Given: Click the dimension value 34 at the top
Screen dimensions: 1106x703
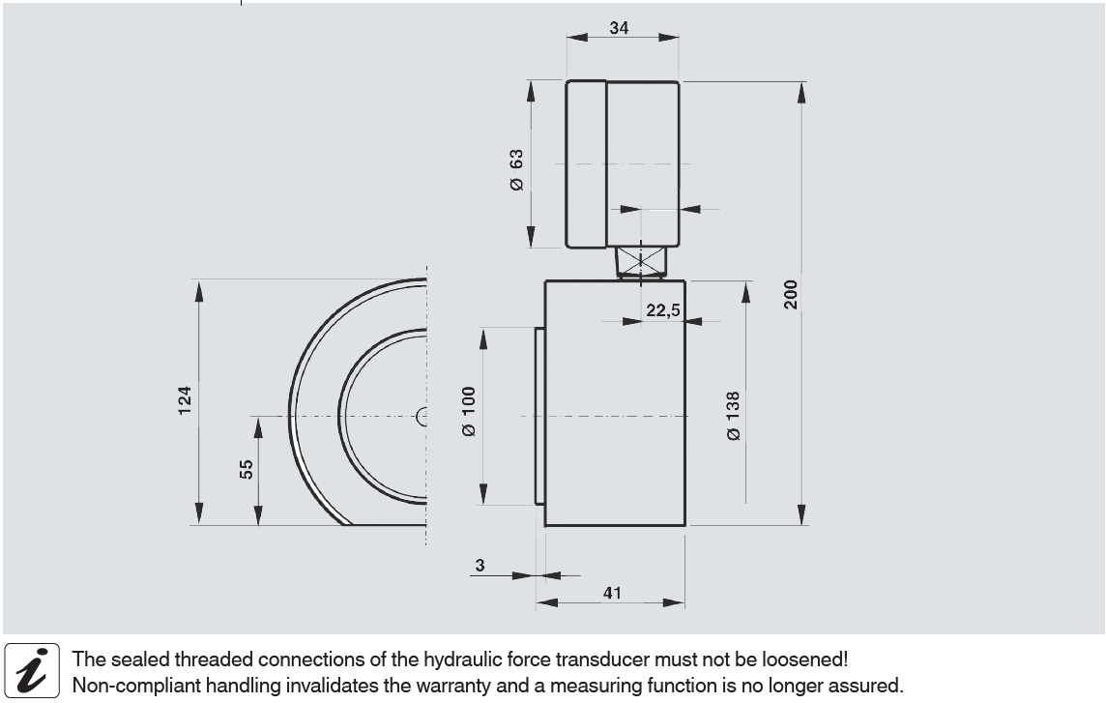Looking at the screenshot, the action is coord(619,27).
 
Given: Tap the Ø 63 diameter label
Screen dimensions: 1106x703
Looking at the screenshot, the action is coord(516,169).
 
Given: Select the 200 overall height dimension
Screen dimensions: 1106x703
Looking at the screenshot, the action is coord(791,294).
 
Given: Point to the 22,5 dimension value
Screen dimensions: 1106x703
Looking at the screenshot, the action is coord(663,309).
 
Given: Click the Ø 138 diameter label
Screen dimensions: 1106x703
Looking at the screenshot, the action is coord(733,417).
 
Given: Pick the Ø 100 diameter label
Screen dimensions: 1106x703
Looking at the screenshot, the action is coord(468,412).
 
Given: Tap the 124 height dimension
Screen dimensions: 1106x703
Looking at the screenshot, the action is coord(184,400).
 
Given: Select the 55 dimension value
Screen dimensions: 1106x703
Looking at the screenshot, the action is coord(246,469).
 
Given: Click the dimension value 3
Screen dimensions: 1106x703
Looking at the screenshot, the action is coord(480,565).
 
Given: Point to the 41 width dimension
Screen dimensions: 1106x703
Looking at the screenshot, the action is coord(612,592).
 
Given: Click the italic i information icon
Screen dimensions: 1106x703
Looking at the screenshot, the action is coord(32,670).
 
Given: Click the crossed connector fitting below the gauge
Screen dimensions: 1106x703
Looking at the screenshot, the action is coord(640,261).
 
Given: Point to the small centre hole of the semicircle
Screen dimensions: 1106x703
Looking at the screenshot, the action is coord(422,417).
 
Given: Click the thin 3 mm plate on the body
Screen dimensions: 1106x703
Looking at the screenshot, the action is coord(539,417).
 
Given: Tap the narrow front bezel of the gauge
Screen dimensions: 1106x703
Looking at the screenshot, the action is coord(586,164).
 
